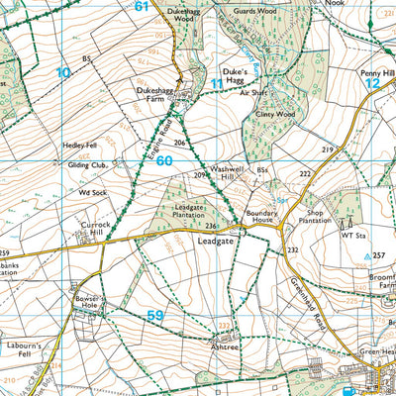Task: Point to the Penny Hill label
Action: point(378,74)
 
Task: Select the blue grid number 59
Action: point(155,315)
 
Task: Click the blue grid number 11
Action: point(217,84)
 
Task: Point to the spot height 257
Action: point(378,255)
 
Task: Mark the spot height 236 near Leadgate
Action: point(211,226)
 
